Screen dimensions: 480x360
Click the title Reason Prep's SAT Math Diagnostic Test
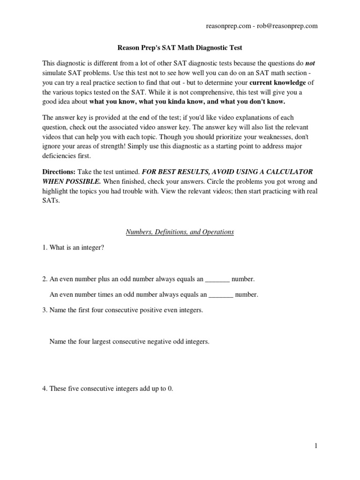tap(180, 47)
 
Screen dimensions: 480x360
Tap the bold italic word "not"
tap(310, 62)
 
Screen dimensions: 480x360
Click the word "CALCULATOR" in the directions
tap(286, 172)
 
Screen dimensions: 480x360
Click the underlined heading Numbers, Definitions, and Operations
tap(180, 232)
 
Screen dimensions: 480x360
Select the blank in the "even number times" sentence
tap(220, 295)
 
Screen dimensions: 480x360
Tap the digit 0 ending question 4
tap(170, 389)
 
